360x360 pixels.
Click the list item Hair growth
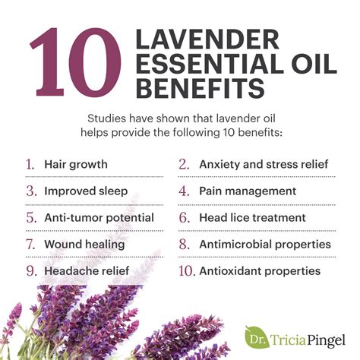pos(75,164)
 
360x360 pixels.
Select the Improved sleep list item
pos(85,191)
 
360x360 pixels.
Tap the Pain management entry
pos(248,191)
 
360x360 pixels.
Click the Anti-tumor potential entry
pos(99,218)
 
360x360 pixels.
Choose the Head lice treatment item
pos(251,218)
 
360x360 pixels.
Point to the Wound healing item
pos(84,245)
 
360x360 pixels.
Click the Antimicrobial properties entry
pos(265,245)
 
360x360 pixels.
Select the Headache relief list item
pos(87,271)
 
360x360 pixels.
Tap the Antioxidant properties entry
pos(260,271)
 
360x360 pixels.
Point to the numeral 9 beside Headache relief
pos(30,271)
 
